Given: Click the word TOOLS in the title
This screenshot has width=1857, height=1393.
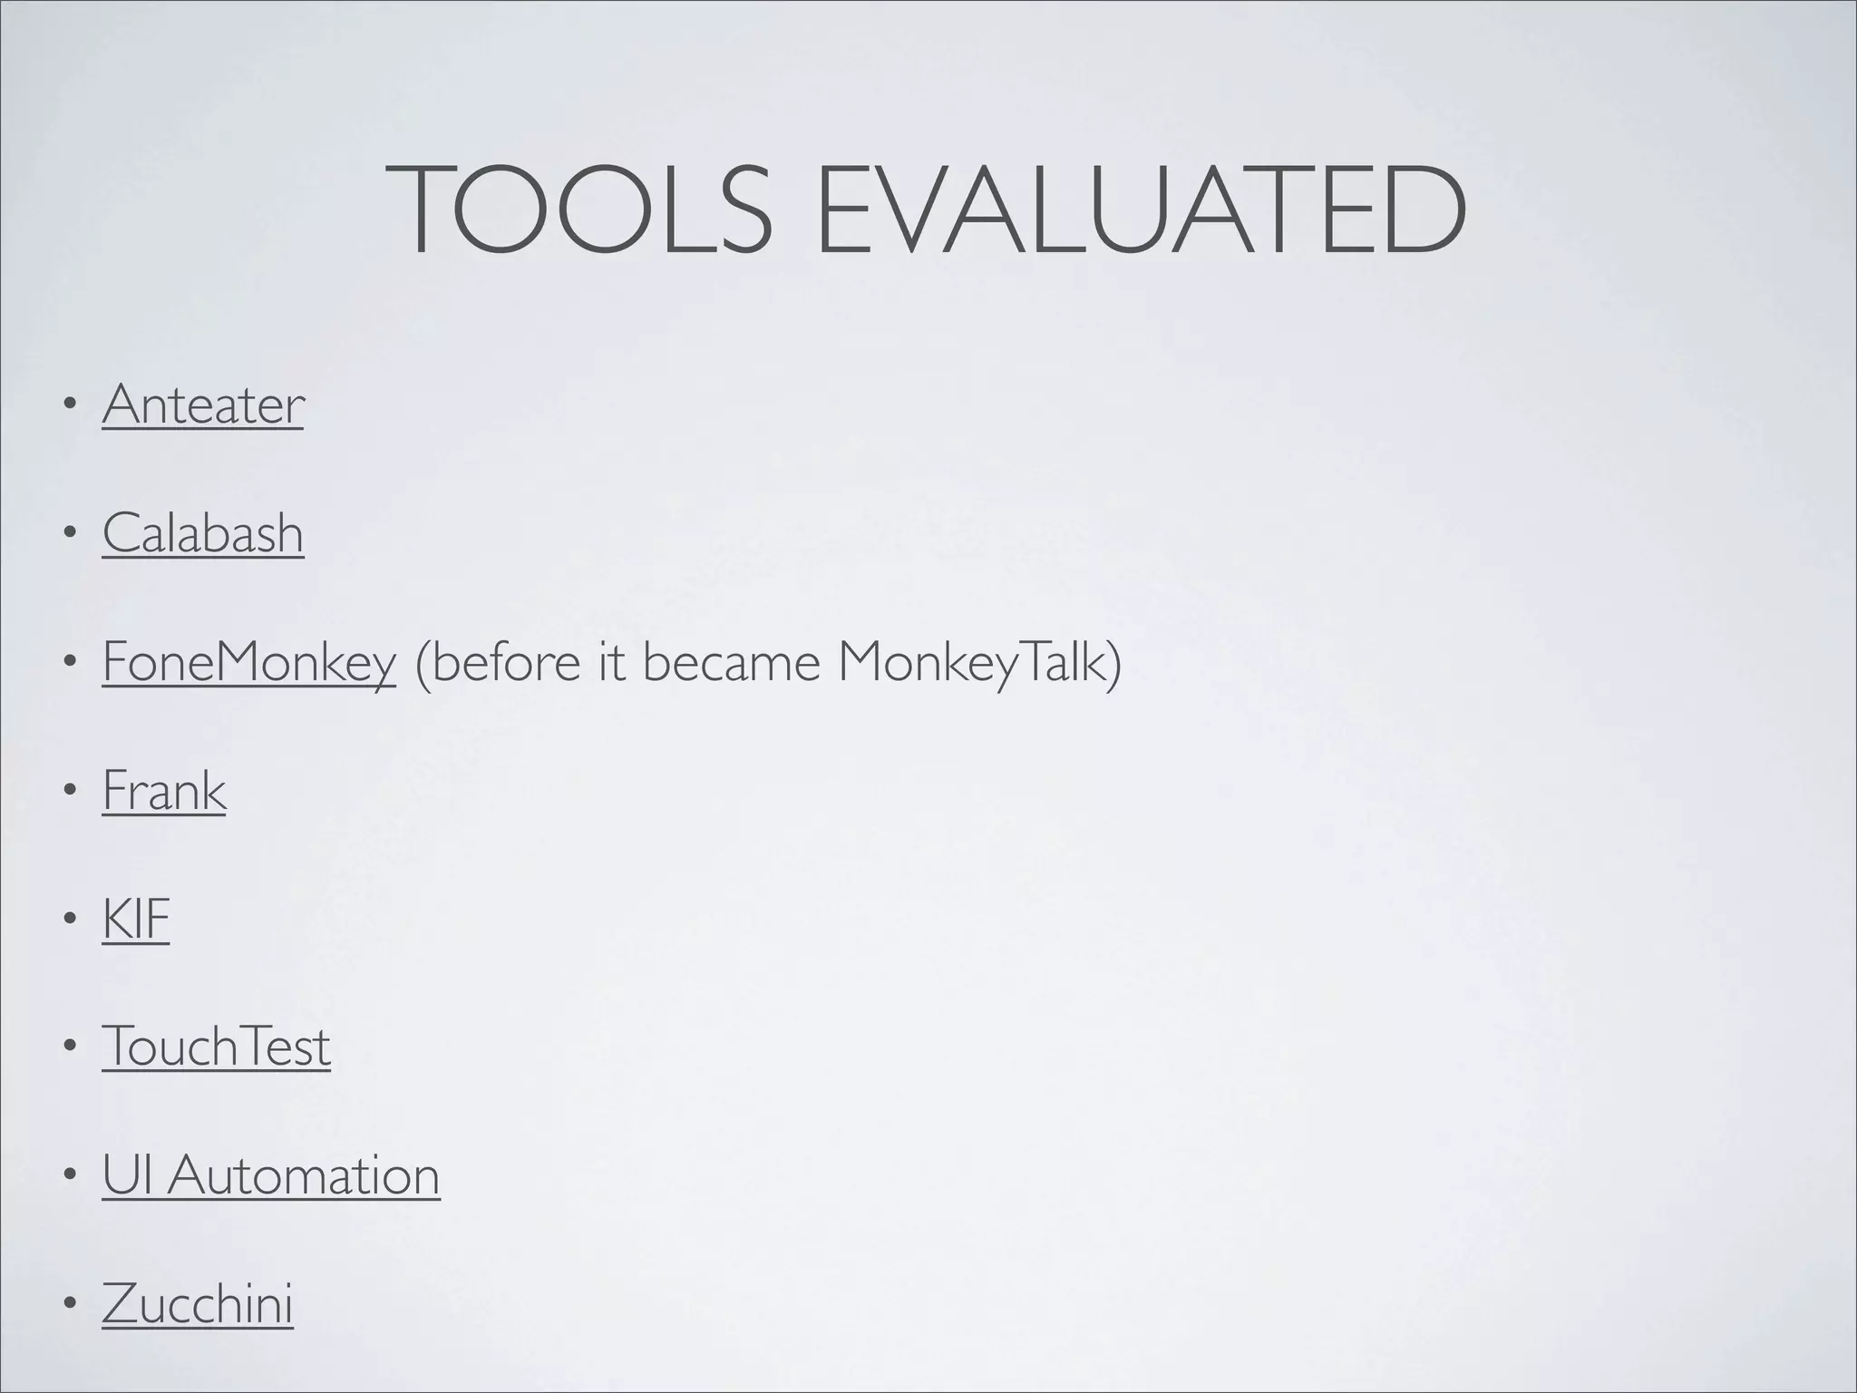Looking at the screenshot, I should tap(579, 210).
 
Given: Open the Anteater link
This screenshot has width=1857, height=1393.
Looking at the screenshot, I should tap(203, 404).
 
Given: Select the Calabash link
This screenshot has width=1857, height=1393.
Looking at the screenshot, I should tap(203, 533).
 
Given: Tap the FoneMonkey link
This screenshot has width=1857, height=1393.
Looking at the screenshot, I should tap(249, 662).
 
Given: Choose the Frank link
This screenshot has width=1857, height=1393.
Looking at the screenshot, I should tap(164, 791).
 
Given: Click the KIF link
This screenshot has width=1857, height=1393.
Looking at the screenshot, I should tap(136, 920).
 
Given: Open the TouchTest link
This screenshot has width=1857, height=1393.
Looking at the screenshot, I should tap(217, 1047).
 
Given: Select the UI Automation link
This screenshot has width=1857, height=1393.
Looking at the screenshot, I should tap(271, 1176).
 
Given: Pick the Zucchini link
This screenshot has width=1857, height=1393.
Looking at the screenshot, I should tap(198, 1305).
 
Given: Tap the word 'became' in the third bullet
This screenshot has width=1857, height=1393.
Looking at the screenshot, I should tap(730, 662).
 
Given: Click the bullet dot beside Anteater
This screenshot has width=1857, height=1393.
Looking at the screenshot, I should tap(69, 405).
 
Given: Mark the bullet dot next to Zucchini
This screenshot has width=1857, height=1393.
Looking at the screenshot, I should tap(69, 1306).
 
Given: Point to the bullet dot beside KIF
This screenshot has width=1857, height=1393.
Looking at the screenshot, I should tap(69, 921).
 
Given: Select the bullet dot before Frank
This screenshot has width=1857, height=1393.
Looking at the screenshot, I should tap(69, 792).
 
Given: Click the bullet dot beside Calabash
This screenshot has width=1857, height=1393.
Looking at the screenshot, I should tap(69, 534).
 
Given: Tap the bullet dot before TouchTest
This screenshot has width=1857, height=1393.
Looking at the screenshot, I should tap(69, 1048).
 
